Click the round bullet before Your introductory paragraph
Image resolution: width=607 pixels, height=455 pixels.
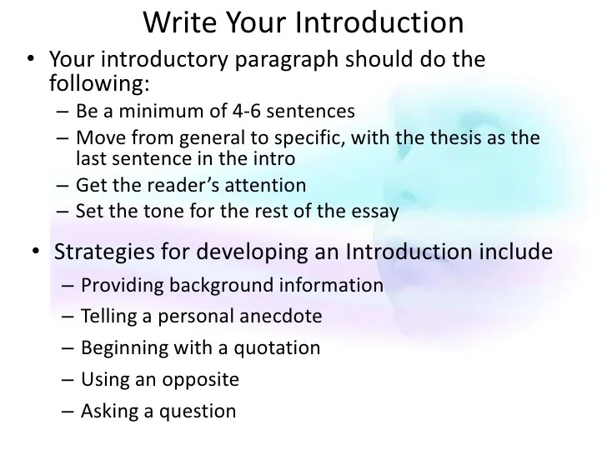30,61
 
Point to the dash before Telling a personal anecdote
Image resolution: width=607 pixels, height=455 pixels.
68,317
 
